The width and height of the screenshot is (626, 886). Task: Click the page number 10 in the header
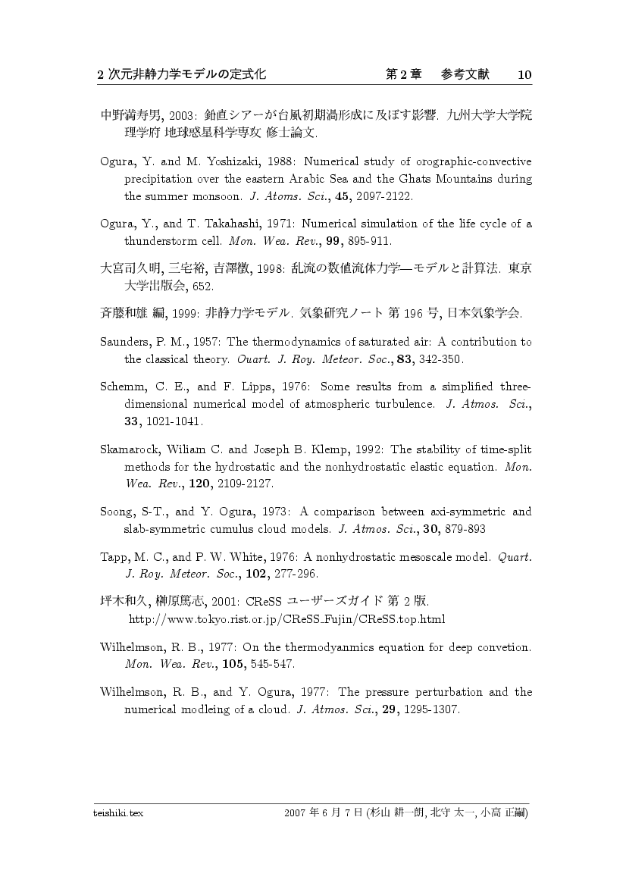pos(525,74)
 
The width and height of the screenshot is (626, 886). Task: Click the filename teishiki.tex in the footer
pos(118,812)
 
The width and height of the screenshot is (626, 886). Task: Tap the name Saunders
pos(124,342)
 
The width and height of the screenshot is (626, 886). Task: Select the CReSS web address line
pos(287,619)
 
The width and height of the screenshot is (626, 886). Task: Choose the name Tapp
pos(114,557)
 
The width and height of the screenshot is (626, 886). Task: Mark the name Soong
pos(117,512)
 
